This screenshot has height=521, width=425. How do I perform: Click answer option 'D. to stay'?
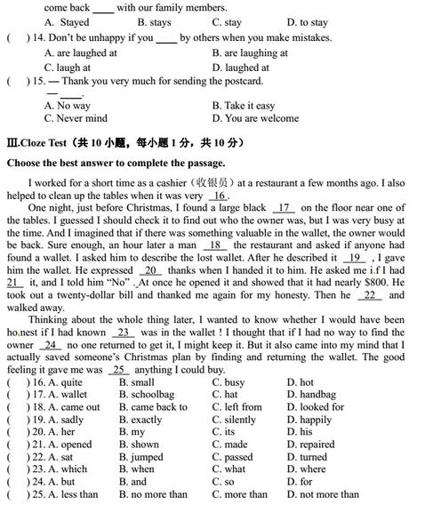(x=307, y=22)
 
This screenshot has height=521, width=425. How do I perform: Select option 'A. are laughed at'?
(x=81, y=53)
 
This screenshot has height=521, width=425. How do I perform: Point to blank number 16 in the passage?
(x=219, y=196)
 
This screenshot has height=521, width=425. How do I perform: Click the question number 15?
(x=34, y=81)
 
